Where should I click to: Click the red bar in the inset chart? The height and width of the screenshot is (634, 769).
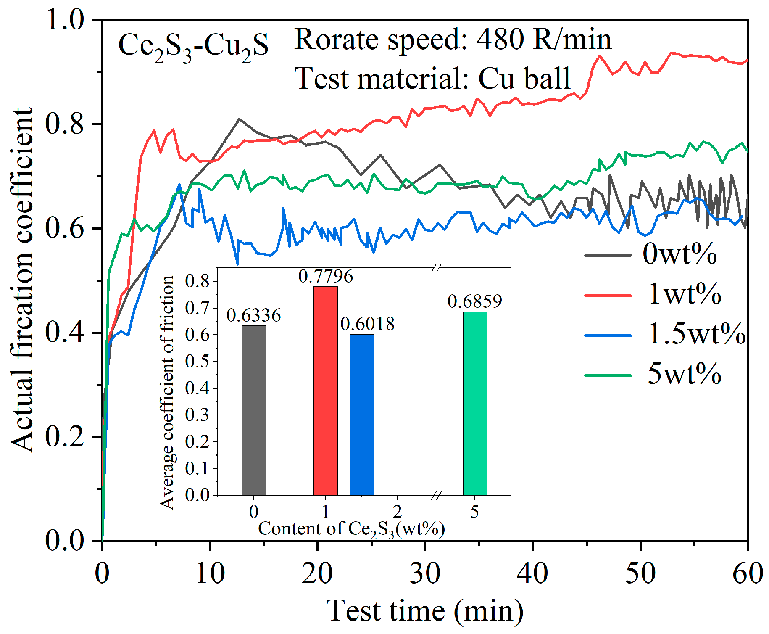pos(326,391)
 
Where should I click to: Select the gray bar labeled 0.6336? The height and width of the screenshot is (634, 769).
pos(254,410)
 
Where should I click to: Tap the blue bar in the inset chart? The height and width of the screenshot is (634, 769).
pos(362,415)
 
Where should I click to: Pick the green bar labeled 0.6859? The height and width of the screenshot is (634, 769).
pos(475,404)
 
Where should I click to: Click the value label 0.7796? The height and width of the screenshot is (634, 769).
pos(326,277)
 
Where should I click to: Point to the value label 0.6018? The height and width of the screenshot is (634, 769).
pos(368,324)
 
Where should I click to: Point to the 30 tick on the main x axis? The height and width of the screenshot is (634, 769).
pos(425,573)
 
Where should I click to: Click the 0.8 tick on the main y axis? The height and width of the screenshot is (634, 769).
pos(65,124)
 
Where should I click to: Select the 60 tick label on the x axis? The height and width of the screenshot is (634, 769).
pos(747,573)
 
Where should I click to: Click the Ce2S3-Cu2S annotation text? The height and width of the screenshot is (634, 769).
pos(193,46)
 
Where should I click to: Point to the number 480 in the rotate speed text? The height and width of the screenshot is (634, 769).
pos(500,40)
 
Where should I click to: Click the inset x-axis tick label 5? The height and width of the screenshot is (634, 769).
pos(474,512)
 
